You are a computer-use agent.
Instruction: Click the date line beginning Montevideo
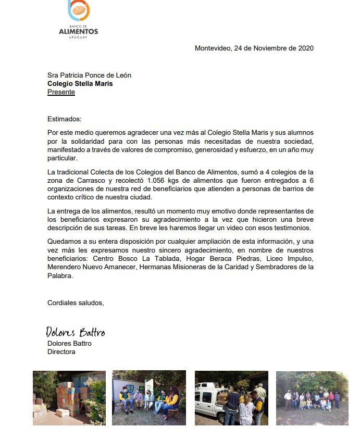click(254, 48)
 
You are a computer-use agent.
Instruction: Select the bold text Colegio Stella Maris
click(80, 83)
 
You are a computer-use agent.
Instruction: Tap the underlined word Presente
click(61, 92)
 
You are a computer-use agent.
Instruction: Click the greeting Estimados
click(64, 119)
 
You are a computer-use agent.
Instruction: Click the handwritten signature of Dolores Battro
click(75, 332)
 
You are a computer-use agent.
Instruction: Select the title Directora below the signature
click(61, 352)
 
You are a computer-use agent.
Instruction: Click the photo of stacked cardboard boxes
click(69, 397)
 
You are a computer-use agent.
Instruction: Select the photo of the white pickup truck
click(231, 398)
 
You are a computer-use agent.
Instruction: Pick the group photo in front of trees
click(312, 398)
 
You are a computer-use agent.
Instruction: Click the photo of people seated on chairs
click(148, 398)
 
